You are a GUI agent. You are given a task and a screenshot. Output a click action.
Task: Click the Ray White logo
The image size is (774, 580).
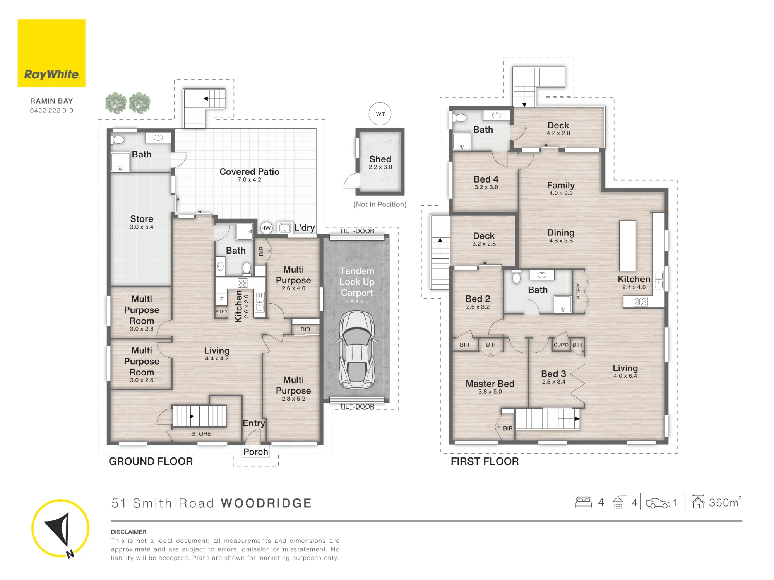(x=51, y=53)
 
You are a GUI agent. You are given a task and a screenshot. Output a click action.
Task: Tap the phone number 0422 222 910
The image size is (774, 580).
(x=51, y=111)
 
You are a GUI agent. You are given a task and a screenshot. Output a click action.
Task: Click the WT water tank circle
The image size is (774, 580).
(x=380, y=114)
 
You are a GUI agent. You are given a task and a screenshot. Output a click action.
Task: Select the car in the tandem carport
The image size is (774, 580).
(x=357, y=350)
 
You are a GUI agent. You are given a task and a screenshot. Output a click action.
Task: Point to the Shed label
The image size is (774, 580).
(x=380, y=159)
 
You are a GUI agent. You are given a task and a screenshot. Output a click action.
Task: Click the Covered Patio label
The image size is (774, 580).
(x=249, y=172)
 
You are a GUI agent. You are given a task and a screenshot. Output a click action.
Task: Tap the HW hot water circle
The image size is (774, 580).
(x=266, y=228)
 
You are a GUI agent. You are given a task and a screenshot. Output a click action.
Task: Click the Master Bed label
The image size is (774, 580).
(x=490, y=384)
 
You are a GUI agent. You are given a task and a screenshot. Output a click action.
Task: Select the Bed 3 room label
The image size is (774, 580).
(x=553, y=374)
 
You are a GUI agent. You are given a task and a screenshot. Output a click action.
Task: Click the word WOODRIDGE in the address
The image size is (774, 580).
(x=266, y=503)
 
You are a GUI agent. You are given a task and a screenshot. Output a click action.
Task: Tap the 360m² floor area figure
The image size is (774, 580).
(x=724, y=502)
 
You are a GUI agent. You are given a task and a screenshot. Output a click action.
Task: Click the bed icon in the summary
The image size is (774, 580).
(x=584, y=502)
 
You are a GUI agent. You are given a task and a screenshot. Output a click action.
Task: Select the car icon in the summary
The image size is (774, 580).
(x=658, y=503)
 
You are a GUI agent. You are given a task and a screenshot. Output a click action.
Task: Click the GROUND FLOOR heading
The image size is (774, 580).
(x=151, y=461)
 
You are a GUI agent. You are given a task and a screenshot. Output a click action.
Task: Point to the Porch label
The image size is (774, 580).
(x=255, y=452)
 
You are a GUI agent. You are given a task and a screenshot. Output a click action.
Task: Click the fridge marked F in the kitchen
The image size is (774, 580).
(x=222, y=299)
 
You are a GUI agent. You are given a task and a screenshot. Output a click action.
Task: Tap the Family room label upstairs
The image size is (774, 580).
(x=561, y=185)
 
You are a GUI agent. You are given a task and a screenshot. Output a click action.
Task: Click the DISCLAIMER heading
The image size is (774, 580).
(x=128, y=532)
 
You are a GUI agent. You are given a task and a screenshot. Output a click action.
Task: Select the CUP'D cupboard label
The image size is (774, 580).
(x=561, y=345)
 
